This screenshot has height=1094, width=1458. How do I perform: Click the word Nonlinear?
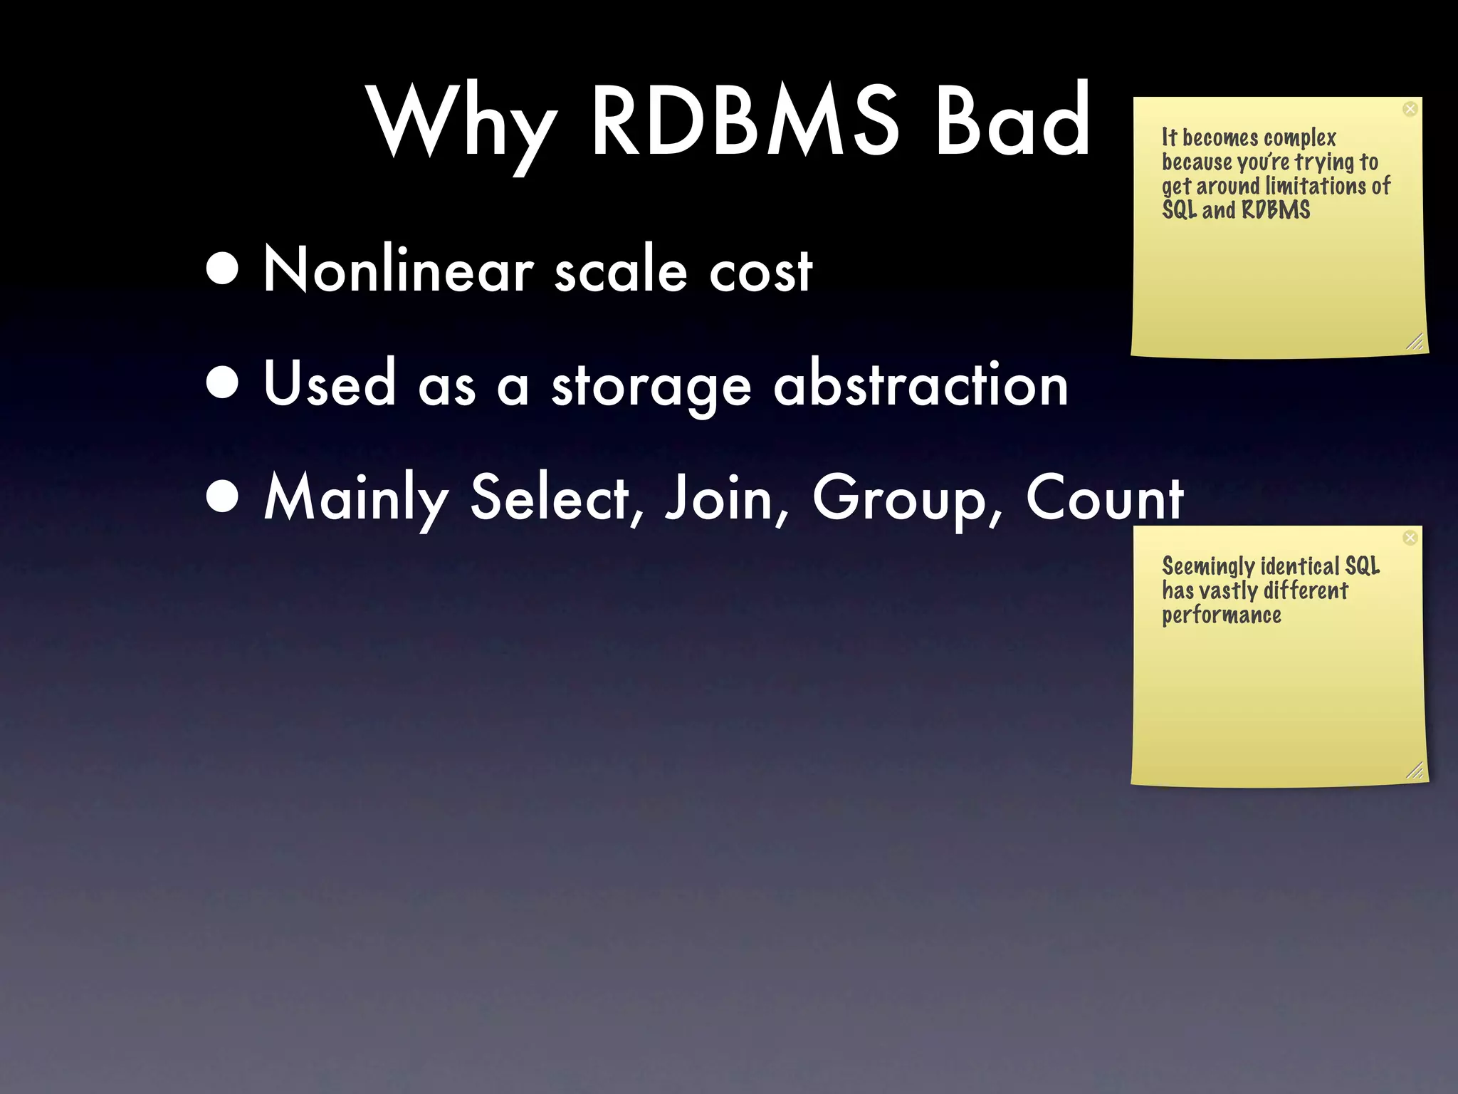[x=399, y=270]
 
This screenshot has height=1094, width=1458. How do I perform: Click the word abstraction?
[x=921, y=383]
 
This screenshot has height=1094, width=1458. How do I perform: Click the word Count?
[x=1104, y=498]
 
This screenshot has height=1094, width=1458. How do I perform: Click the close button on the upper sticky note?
[x=1410, y=109]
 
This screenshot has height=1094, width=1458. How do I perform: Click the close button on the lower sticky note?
[x=1410, y=538]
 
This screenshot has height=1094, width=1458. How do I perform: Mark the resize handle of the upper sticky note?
[x=1415, y=342]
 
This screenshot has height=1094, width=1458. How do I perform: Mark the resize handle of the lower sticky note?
[x=1415, y=771]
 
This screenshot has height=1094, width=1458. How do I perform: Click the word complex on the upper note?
[x=1300, y=138]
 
